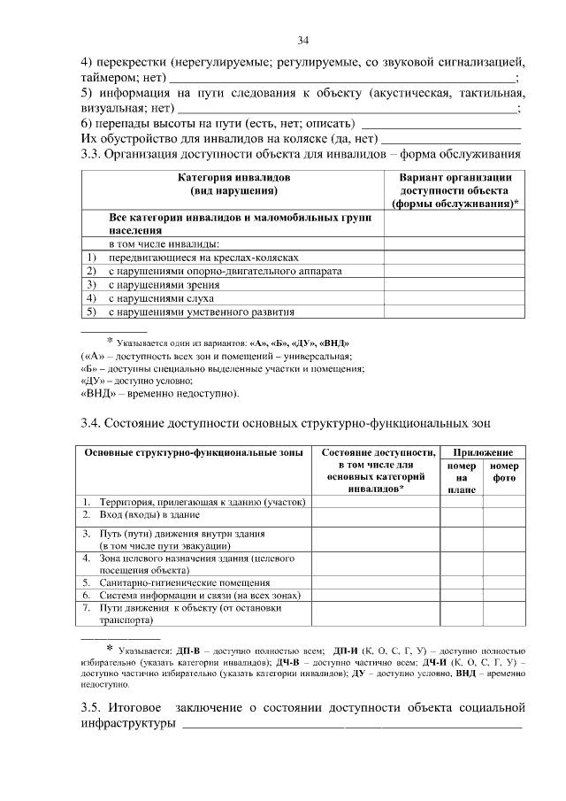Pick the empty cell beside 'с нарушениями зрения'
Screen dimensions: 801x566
point(454,284)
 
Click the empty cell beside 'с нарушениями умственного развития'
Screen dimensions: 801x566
point(454,312)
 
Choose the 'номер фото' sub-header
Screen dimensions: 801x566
point(504,472)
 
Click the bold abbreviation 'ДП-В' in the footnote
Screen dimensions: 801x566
point(188,651)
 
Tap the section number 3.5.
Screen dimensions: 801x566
point(91,708)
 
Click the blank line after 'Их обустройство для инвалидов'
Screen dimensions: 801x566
point(448,139)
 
